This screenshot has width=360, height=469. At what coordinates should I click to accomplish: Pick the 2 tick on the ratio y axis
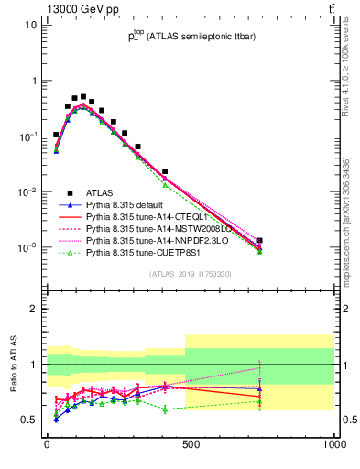point(34,309)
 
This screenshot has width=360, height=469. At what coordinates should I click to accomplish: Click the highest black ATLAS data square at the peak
point(83,96)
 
